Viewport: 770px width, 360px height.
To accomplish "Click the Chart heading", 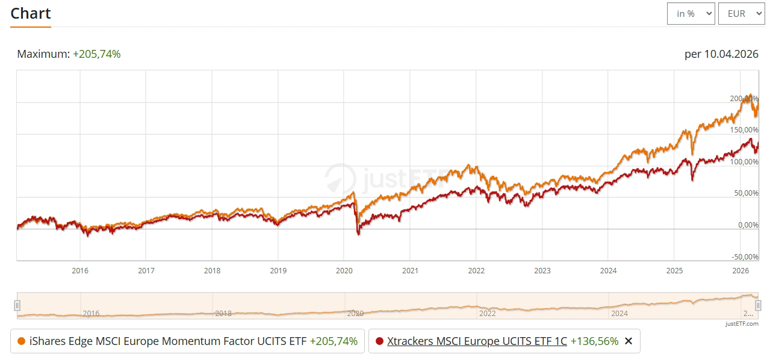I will tap(31, 13).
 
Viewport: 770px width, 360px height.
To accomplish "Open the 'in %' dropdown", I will tap(691, 13).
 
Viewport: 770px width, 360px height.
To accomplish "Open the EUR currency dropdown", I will tap(741, 13).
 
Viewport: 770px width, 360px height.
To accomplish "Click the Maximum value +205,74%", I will tap(96, 54).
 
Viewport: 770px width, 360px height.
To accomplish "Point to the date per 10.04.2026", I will tap(721, 54).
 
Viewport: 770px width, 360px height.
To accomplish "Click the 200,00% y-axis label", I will tap(744, 98).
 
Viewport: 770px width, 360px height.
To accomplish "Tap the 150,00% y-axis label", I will tap(744, 130).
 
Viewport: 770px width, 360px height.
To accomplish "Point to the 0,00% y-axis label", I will tap(747, 225).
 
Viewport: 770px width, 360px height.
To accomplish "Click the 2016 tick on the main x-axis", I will tap(80, 270).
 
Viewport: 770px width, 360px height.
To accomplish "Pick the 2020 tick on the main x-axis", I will tap(344, 270).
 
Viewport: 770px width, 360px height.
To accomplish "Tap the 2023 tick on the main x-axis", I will tap(542, 270).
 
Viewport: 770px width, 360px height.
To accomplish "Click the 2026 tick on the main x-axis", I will tap(741, 270).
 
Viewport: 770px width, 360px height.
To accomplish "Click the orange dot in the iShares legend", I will tap(22, 341).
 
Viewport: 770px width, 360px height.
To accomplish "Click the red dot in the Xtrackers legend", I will tap(379, 341).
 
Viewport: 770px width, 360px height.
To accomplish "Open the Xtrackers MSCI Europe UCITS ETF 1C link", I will tap(477, 341).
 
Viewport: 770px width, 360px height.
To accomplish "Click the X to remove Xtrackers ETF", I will tap(629, 341).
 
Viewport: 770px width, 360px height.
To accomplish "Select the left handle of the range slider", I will tap(17, 305).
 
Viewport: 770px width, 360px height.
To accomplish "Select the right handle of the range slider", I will tap(758, 305).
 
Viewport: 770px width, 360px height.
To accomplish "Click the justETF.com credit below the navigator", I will tap(742, 323).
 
